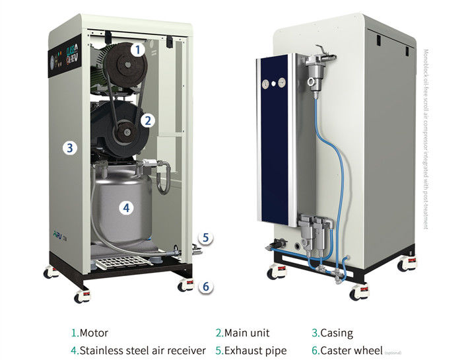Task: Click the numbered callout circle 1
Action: click(137, 49)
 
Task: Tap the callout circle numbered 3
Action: click(70, 147)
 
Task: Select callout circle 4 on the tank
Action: click(126, 207)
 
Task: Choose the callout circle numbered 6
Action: click(206, 287)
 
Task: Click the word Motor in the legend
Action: click(93, 333)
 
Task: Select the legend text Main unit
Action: click(246, 333)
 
